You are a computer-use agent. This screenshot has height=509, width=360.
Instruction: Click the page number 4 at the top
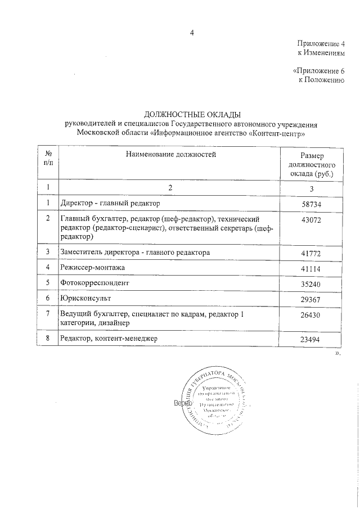[x=192, y=33]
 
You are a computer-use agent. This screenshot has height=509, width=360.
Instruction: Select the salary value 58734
[x=310, y=204]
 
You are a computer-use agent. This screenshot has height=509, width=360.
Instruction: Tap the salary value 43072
[x=310, y=220]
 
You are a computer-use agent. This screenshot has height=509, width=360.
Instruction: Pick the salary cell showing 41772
[x=310, y=254]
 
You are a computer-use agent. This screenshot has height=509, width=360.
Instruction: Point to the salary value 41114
[x=310, y=269]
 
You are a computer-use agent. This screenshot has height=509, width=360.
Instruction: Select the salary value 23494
[x=310, y=339]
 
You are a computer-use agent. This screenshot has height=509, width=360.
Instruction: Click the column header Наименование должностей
[x=170, y=153]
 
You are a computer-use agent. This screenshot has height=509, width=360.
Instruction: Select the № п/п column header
[x=48, y=157]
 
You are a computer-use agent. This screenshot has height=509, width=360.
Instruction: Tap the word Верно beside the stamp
[x=183, y=404]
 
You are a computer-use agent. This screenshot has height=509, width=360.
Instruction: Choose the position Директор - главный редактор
[x=111, y=203]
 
